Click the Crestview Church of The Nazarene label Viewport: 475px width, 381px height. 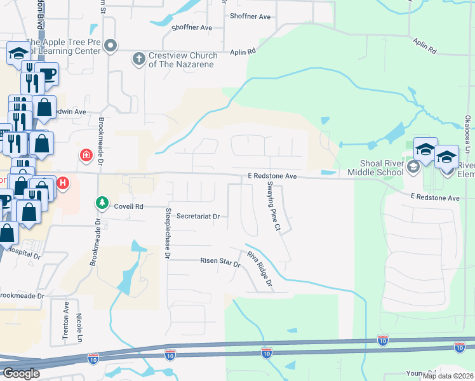[183, 60]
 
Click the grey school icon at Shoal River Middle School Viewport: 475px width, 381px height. [413, 167]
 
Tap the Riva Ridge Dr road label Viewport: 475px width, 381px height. [260, 269]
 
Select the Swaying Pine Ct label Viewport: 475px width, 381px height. [273, 206]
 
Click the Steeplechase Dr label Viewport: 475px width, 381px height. [168, 233]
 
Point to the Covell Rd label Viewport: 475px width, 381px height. [129, 206]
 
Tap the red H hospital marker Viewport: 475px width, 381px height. [63, 184]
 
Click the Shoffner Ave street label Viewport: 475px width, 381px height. [192, 28]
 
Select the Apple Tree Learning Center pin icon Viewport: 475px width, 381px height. [111, 44]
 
